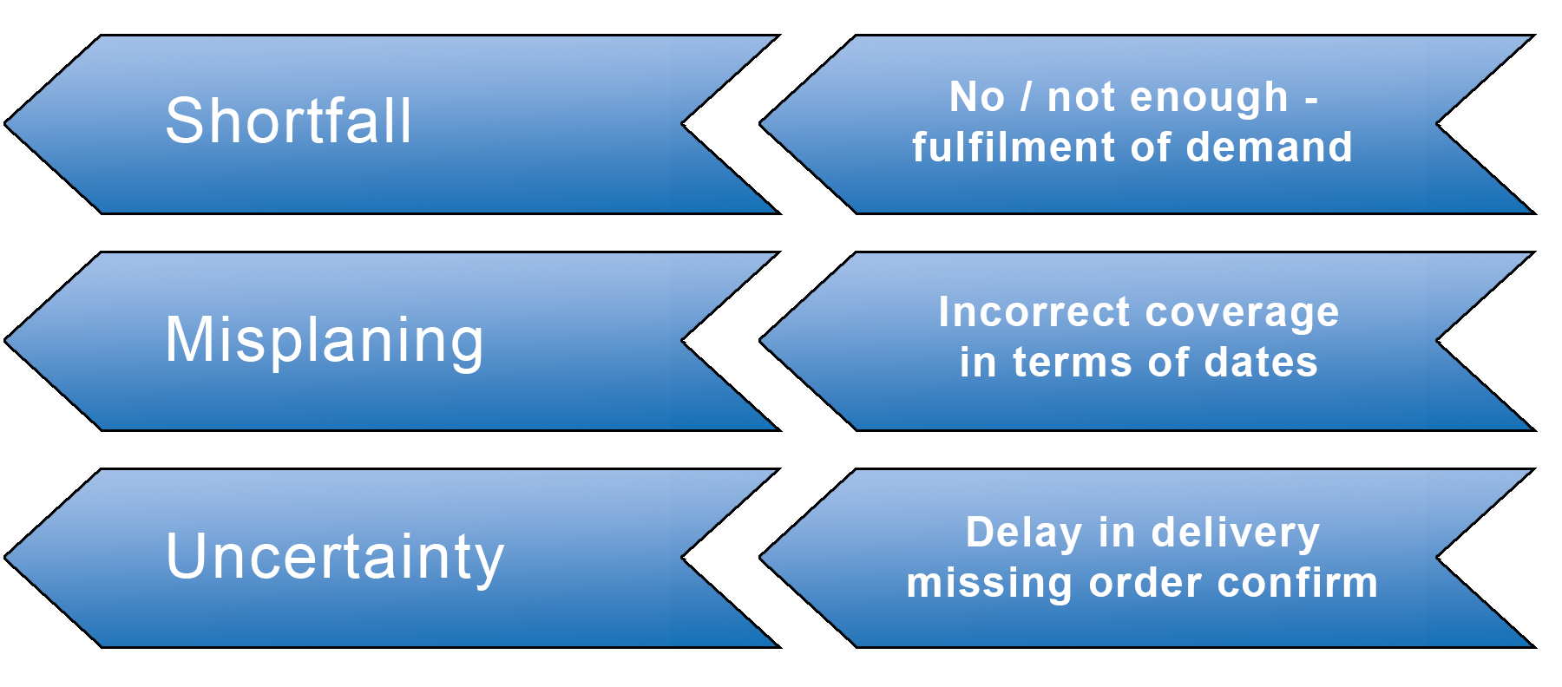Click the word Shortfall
point(288,121)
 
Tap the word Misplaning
point(325,339)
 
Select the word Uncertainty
point(335,556)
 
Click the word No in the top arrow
point(977,96)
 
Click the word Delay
point(1024,533)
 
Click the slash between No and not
point(1027,96)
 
